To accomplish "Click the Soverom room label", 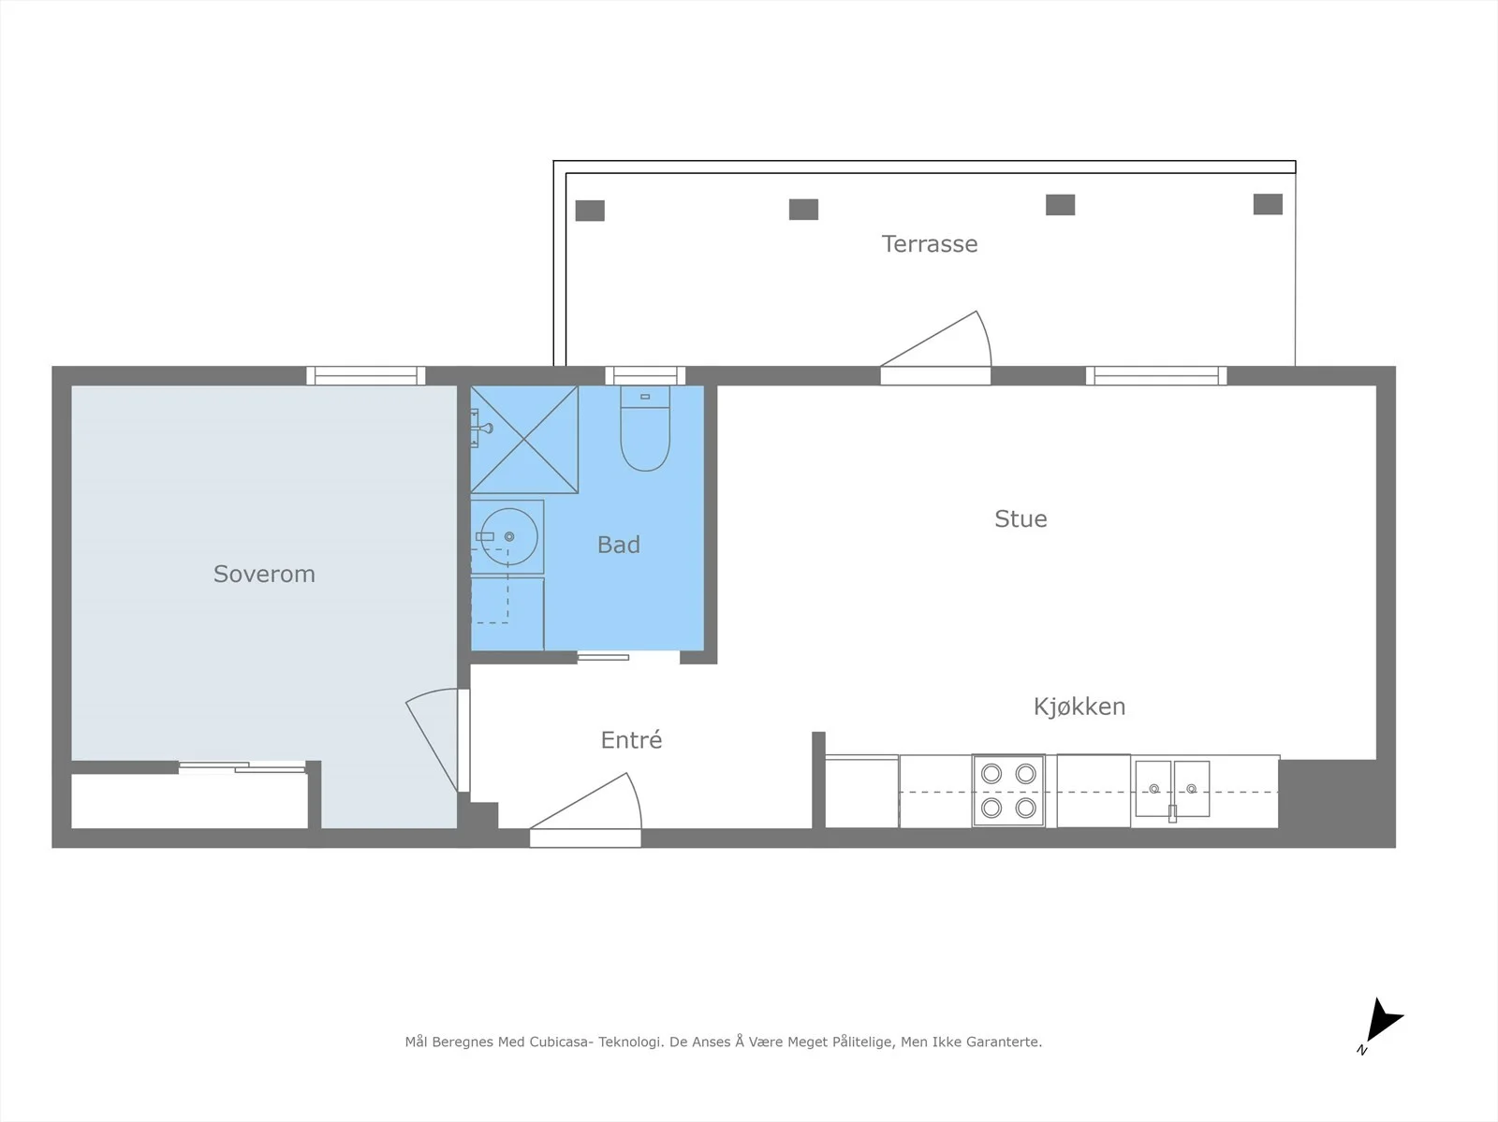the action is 264,574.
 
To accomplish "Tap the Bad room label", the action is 618,545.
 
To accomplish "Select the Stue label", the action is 1021,518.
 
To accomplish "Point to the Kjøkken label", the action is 1079,707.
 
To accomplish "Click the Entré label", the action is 631,739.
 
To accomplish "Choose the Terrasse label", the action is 930,243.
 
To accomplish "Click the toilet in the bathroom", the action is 645,429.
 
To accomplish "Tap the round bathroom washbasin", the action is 509,537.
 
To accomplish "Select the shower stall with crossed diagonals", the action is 524,439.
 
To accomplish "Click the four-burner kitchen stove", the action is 1008,791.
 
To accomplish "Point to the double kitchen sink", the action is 1172,789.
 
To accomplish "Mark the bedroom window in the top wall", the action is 366,376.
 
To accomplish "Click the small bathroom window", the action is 645,376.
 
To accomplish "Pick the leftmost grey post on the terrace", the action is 590,211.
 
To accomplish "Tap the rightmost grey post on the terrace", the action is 1268,204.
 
